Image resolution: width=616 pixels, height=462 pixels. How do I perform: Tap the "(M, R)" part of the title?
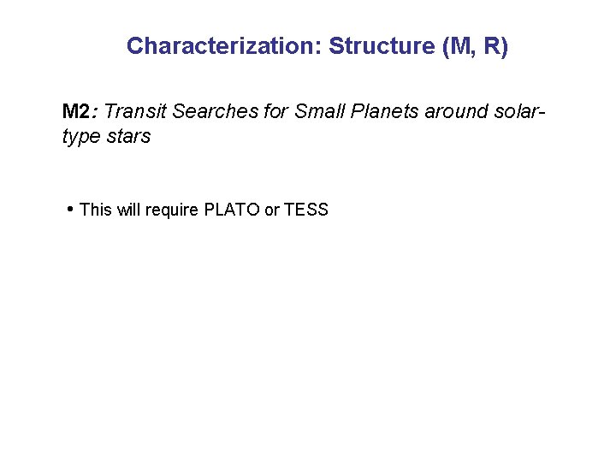click(x=475, y=46)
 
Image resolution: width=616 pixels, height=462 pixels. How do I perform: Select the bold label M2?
click(x=77, y=111)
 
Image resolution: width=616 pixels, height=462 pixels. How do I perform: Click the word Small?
click(x=320, y=111)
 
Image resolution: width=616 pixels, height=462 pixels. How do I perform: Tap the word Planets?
click(x=383, y=111)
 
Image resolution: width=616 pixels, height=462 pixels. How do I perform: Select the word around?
click(x=458, y=111)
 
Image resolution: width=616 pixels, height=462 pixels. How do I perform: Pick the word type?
click(x=80, y=137)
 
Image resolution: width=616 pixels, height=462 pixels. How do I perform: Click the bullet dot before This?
click(x=69, y=209)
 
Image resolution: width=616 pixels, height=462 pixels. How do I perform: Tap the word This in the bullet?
click(x=96, y=210)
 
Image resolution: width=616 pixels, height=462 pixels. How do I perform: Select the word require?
click(x=173, y=210)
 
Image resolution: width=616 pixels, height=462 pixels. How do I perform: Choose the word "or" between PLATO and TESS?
click(x=272, y=210)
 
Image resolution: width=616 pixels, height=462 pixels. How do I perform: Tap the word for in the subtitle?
click(x=273, y=111)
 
